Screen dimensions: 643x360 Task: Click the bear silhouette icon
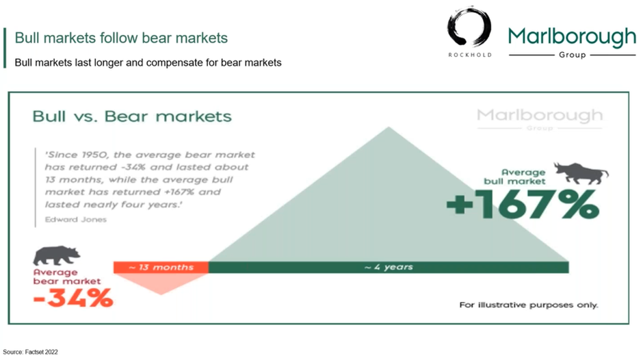(56, 256)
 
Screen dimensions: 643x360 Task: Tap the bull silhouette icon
(581, 172)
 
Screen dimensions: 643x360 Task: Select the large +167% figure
(523, 204)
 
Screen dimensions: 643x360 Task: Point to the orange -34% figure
(73, 298)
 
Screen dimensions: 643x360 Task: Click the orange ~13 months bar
(161, 267)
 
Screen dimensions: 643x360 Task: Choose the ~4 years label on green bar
(389, 267)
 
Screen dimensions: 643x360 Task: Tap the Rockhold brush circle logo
(469, 27)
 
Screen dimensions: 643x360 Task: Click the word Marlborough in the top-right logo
(572, 37)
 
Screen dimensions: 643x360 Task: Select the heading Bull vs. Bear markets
(132, 116)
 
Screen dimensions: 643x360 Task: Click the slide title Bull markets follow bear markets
(121, 38)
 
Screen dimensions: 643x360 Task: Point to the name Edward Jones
(76, 220)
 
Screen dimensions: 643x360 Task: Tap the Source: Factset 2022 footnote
(30, 352)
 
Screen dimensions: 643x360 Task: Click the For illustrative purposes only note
(529, 305)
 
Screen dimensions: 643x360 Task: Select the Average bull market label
(514, 177)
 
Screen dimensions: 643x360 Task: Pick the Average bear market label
(67, 277)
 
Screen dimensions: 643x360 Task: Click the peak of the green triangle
(389, 127)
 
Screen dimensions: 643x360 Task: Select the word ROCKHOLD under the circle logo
(470, 55)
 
